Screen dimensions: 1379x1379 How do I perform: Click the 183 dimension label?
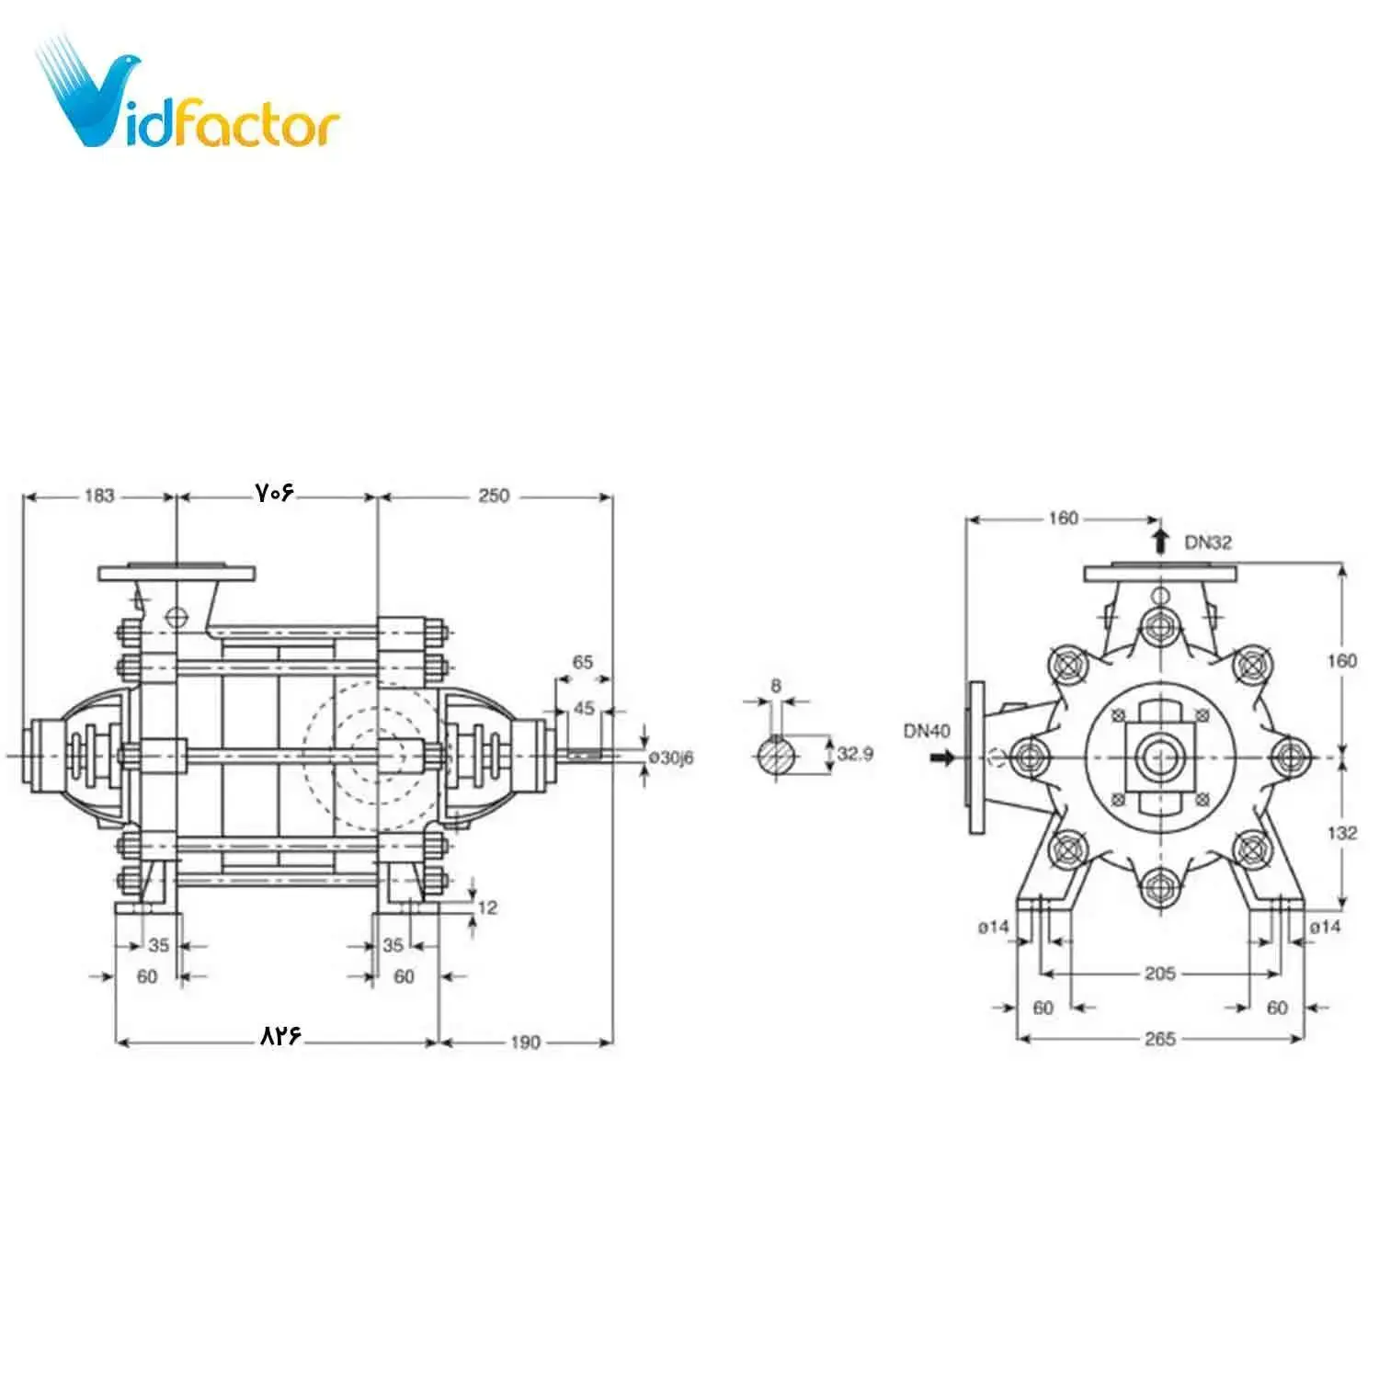(99, 496)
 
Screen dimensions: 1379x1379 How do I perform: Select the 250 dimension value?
(493, 496)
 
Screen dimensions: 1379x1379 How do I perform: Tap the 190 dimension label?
(525, 1042)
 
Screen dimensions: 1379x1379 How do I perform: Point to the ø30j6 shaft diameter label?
(671, 758)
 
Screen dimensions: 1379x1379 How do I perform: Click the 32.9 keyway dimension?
(855, 754)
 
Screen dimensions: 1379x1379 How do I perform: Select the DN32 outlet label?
(1207, 542)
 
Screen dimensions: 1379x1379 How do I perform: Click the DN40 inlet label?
(927, 731)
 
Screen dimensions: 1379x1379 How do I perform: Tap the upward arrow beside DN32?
(1161, 540)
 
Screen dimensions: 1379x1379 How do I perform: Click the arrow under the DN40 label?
(942, 758)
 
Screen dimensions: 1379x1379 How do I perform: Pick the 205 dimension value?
(1159, 973)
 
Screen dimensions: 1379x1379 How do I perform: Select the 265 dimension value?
(1159, 1038)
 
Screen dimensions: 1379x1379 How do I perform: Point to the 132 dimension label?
(1341, 832)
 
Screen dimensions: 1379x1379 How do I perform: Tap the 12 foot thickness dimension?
(487, 907)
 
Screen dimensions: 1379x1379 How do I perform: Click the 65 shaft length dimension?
(583, 662)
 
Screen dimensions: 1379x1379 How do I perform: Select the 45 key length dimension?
(584, 708)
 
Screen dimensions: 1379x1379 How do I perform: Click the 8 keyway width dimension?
(776, 686)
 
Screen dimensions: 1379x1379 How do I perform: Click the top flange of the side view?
(177, 573)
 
